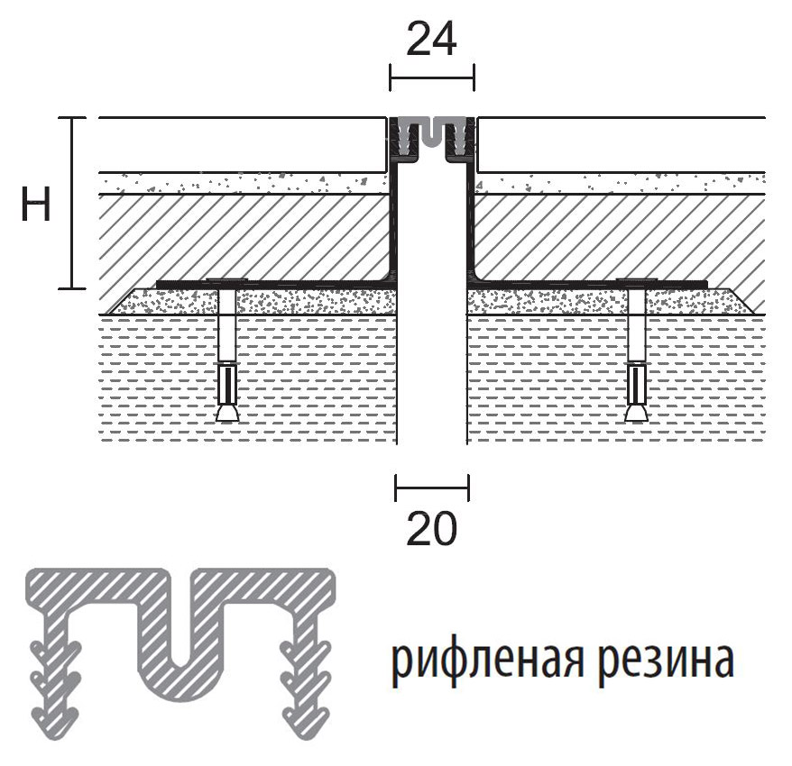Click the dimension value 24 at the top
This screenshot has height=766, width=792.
point(431,39)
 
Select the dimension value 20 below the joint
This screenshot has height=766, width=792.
point(431,528)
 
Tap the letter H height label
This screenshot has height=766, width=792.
point(36,204)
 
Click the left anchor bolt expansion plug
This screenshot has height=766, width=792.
point(228,392)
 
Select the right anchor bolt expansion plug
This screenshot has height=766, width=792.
point(637,392)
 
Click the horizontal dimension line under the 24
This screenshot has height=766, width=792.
point(432,78)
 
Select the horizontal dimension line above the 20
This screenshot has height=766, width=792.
point(432,488)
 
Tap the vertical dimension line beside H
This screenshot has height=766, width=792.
point(72,204)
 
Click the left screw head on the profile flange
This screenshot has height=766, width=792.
point(226,280)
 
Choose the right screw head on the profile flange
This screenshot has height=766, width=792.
point(637,280)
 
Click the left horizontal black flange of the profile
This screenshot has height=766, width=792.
point(275,285)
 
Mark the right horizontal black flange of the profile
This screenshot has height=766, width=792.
point(588,285)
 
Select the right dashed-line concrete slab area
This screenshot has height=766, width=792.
point(616,378)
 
